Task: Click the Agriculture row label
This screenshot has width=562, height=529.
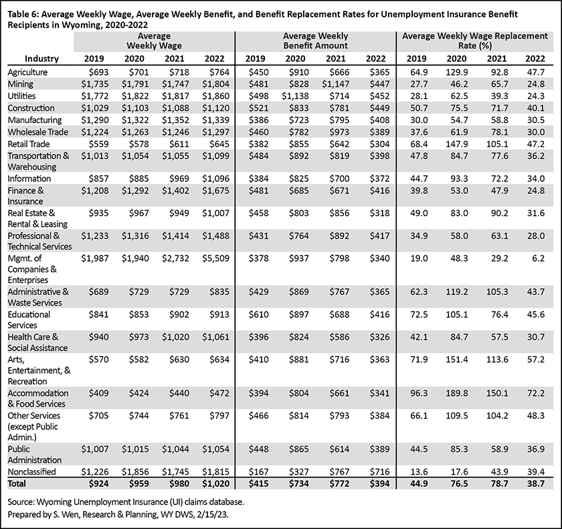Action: (27, 72)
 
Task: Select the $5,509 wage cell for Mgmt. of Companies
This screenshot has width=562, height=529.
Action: (215, 258)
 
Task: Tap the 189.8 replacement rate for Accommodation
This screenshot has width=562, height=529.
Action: (456, 393)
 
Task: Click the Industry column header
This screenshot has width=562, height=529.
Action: (41, 59)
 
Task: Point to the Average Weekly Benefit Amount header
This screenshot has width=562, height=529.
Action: (315, 41)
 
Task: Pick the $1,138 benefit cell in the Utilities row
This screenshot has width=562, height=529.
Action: (295, 96)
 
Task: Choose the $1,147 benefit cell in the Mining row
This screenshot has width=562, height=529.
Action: (335, 84)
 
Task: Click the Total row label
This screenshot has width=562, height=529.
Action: (17, 484)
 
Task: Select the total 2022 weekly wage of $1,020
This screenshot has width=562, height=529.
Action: (215, 484)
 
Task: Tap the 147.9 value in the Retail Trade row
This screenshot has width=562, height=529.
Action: (456, 144)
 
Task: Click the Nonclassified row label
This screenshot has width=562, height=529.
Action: (32, 471)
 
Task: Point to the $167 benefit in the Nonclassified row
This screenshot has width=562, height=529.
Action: (258, 471)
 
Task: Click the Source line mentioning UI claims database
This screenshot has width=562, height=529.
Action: (126, 502)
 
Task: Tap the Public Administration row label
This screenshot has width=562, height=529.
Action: (34, 455)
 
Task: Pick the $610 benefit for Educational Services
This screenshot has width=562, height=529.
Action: (258, 314)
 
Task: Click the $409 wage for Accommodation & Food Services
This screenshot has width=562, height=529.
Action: (98, 393)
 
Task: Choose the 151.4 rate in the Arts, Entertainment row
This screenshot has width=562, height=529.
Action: (456, 359)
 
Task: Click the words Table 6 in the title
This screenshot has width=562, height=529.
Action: (22, 14)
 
